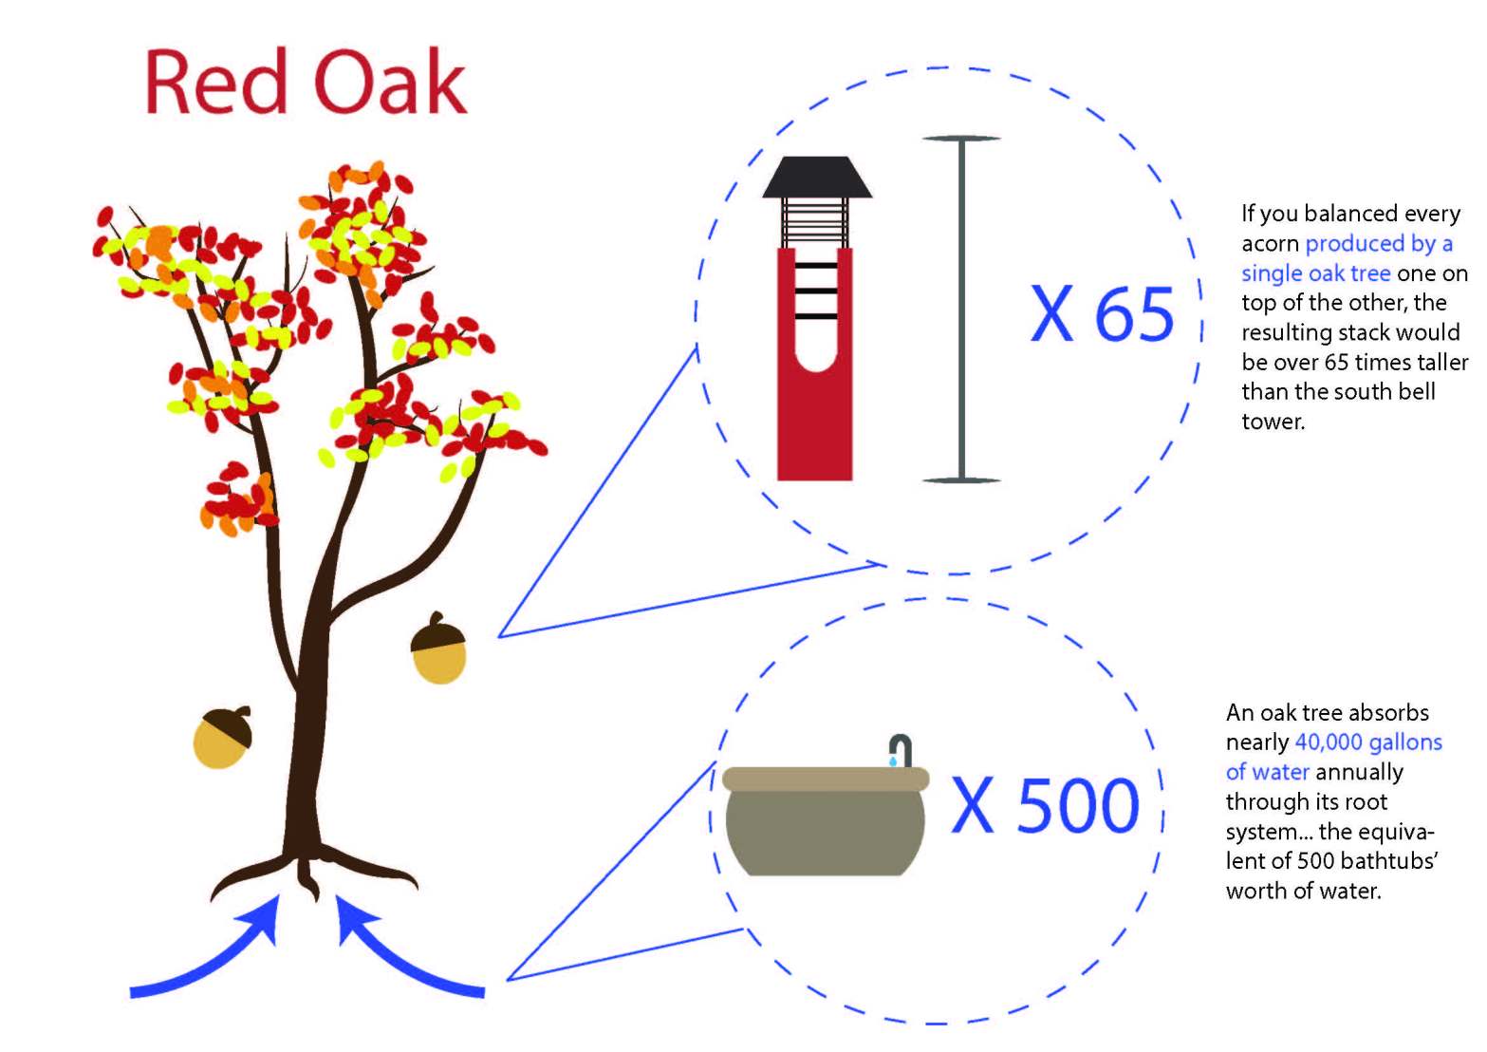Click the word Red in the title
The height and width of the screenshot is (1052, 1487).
click(x=216, y=82)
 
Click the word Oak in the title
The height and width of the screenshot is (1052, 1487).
click(x=390, y=82)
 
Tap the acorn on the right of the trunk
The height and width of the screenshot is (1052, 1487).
click(x=438, y=648)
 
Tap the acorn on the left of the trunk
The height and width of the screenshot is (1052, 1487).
click(x=223, y=737)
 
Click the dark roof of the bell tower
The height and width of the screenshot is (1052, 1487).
click(x=817, y=177)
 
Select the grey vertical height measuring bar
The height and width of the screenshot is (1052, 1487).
click(x=961, y=310)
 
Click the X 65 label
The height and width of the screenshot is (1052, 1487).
click(x=1102, y=313)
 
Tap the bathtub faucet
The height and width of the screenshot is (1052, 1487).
click(x=901, y=749)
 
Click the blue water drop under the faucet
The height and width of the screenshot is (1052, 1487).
click(x=893, y=761)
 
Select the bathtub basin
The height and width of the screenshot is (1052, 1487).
click(x=826, y=821)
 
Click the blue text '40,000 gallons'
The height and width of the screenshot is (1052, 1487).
click(x=1368, y=742)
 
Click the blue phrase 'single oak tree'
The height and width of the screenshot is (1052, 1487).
click(x=1316, y=272)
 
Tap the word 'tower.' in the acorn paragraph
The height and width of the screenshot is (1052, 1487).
click(x=1273, y=421)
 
